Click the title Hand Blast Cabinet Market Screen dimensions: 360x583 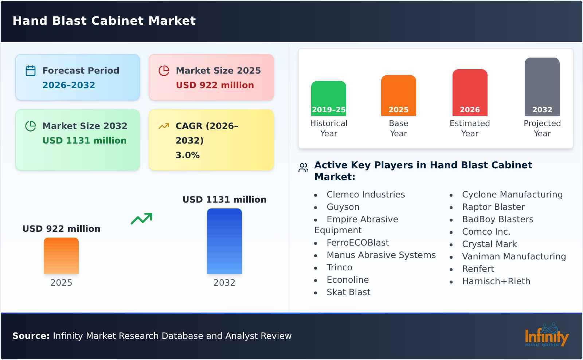tap(104, 21)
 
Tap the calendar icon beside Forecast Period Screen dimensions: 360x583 tap(31, 71)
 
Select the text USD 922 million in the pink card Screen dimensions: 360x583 tap(215, 85)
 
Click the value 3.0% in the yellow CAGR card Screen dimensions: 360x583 tap(187, 155)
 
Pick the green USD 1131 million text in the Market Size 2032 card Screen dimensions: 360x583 tap(84, 141)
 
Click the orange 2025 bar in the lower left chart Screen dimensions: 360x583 tap(61, 256)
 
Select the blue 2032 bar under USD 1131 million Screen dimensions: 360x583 tap(224, 241)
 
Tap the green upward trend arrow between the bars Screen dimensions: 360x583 tap(141, 219)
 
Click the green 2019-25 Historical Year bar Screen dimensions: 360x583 tap(328, 98)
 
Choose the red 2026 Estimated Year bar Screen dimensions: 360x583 tap(470, 93)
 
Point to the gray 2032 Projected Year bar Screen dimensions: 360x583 tap(542, 87)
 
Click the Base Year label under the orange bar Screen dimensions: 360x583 tap(398, 128)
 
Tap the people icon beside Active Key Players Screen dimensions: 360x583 tap(303, 168)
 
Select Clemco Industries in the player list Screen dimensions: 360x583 tap(365, 195)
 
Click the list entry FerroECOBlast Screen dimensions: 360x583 tap(357, 243)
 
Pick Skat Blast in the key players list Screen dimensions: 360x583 tap(348, 292)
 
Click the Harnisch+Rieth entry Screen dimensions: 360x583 tap(496, 281)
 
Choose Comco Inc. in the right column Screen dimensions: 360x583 tap(486, 232)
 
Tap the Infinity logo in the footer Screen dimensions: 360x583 tap(546, 335)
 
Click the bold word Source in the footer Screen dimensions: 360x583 tap(31, 336)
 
